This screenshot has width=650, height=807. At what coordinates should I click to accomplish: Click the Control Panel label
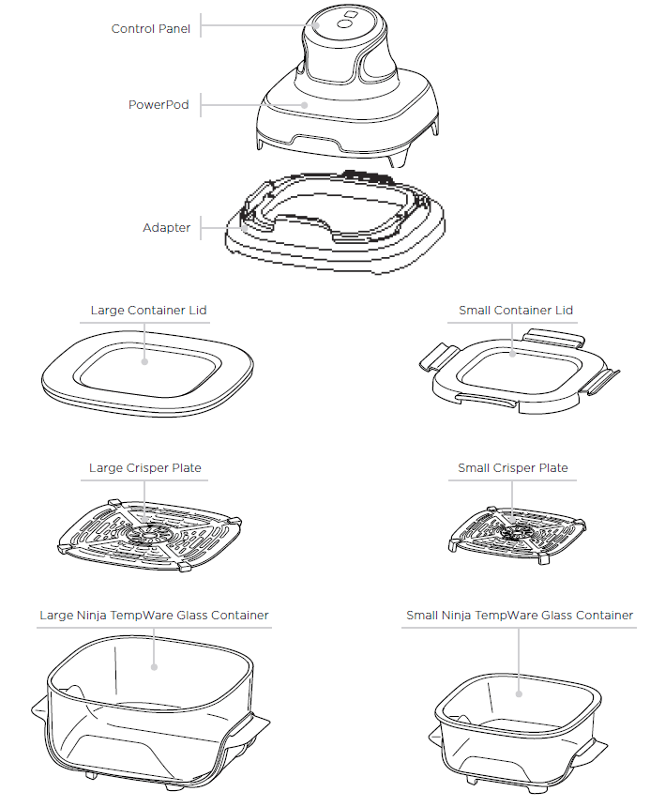pos(151,29)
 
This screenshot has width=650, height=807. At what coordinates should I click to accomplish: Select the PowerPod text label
pos(159,105)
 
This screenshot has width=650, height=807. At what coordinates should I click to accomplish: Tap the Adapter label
pos(166,228)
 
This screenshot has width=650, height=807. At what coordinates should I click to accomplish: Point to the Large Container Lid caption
pos(148,311)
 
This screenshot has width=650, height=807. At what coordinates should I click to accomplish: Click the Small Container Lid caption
pos(516,311)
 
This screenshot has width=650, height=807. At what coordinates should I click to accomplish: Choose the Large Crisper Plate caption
pos(145,468)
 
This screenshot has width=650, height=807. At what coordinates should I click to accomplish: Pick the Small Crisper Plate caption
pos(513,468)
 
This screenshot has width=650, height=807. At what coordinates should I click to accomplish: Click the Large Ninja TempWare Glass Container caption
pos(155,617)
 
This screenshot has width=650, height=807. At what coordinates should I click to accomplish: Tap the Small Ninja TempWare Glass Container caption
pos(520,617)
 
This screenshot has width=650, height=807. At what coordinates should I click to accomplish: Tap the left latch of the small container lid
pos(437,357)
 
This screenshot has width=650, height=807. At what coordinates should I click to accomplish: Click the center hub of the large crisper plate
pos(146,533)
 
